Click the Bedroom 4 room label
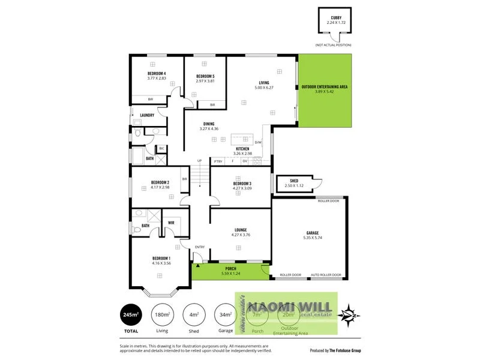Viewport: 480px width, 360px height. [x=157, y=73]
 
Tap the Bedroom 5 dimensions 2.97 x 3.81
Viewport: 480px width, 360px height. [x=205, y=81]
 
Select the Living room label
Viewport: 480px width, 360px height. [x=264, y=82]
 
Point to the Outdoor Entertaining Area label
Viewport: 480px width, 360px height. [x=325, y=86]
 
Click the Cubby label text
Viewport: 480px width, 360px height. [x=334, y=17]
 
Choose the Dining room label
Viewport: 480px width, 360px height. [x=209, y=124]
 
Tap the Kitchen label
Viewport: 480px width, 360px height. [x=242, y=149]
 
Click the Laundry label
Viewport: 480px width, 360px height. [x=147, y=115]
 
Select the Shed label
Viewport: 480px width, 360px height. [x=294, y=180]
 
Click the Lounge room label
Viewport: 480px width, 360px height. [x=241, y=229]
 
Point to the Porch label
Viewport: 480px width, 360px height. [x=230, y=268]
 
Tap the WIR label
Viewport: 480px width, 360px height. [x=171, y=223]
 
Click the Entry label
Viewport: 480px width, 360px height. [x=200, y=247]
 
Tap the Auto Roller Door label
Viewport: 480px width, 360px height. [x=326, y=275]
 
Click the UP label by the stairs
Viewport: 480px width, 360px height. [x=200, y=161]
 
